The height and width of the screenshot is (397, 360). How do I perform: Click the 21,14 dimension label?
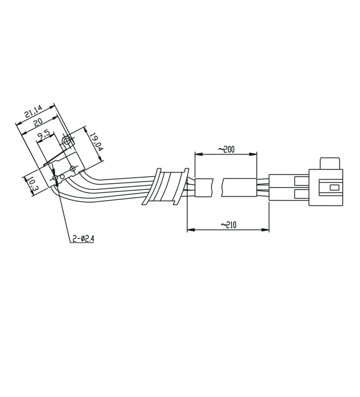[33, 111]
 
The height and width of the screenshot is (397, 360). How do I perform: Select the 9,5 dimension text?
[43, 136]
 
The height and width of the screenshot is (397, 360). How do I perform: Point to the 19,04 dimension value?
[96, 142]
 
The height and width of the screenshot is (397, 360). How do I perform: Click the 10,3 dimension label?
[33, 184]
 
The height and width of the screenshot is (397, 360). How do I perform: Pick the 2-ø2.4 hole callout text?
[84, 238]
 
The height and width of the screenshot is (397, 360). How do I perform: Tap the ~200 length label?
[227, 149]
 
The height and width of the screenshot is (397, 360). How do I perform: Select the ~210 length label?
[229, 225]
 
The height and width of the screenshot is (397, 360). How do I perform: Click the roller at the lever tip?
[67, 141]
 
